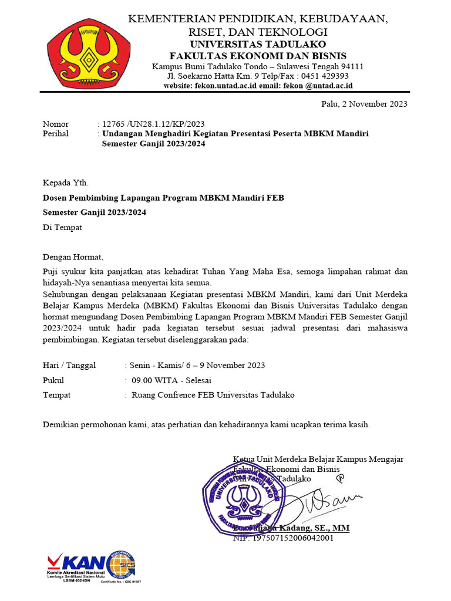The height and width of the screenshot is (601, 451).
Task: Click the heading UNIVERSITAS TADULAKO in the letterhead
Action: click(257, 44)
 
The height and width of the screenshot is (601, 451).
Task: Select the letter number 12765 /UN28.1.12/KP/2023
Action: click(153, 124)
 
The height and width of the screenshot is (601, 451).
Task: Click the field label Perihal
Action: click(56, 133)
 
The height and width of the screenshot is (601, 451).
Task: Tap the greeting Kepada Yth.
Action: click(66, 183)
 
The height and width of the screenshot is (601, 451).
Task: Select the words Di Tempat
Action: click(62, 227)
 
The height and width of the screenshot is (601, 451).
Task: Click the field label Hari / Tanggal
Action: click(69, 365)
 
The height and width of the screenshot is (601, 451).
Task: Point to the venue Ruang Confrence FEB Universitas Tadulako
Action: click(213, 395)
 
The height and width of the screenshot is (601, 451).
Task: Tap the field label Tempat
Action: click(57, 395)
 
